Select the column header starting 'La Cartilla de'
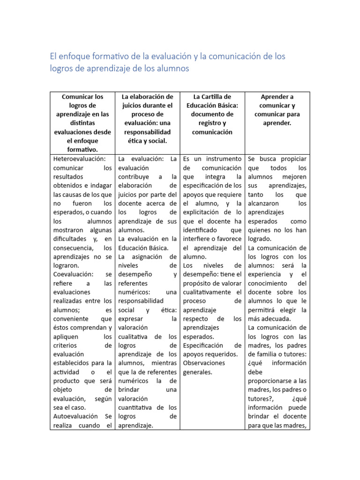[x=212, y=114]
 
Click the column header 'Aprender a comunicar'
[x=277, y=110]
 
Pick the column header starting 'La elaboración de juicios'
[x=147, y=119]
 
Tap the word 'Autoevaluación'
[x=75, y=416]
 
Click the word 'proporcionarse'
[x=270, y=381]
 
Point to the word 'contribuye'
[x=134, y=177]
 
